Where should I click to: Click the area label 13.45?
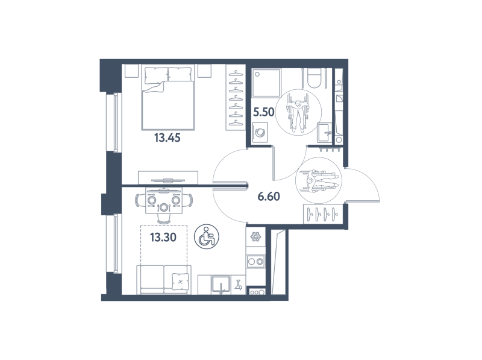pos(167,138)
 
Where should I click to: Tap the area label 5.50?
pos(263,112)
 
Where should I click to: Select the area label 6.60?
pos(269,197)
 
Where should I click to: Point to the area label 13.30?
pos(163,237)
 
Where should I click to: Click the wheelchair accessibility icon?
pos(206,236)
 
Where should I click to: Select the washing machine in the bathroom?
pos(260,132)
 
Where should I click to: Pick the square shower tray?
pos(266,83)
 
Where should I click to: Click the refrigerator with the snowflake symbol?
pos(255,236)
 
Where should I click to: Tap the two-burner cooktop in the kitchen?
pos(255,262)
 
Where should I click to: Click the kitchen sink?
pos(221,285)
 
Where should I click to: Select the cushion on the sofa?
pos(180,282)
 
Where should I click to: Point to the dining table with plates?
pos(163,201)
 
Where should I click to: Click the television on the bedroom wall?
pos(167,181)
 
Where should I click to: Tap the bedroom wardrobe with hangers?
pos(236,97)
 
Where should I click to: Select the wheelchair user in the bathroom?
pos(298,112)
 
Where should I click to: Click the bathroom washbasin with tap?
pos(324,133)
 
